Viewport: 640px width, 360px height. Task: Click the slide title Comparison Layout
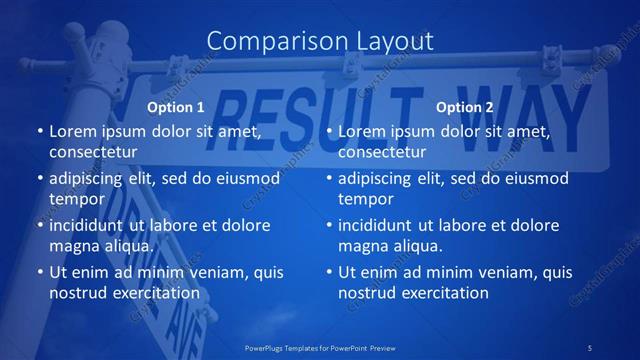coord(320,40)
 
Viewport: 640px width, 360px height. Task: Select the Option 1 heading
coord(176,107)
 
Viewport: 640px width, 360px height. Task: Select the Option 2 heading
coord(465,107)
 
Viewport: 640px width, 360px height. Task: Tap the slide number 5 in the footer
coord(591,347)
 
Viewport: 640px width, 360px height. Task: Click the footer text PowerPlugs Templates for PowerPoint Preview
coord(320,347)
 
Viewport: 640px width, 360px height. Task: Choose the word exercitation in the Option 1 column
coord(155,293)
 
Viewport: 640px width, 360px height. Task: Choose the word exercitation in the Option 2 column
coord(444,293)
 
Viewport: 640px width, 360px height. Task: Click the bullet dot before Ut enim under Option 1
coord(39,272)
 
